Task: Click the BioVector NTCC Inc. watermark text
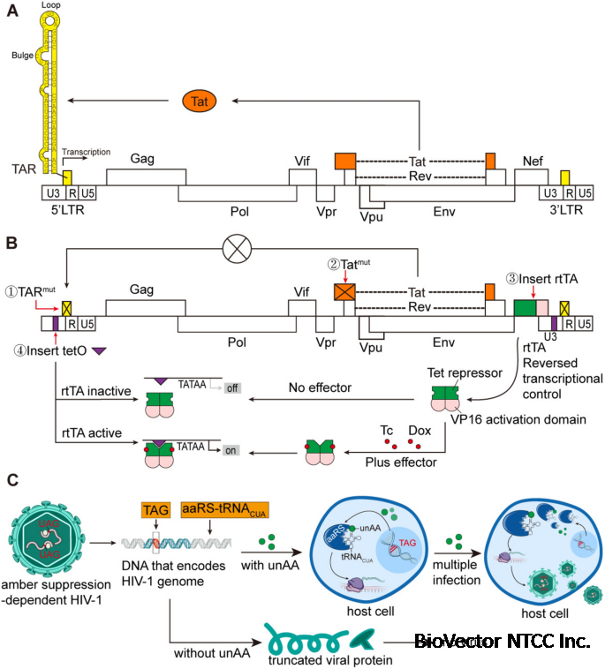pyautogui.click(x=502, y=642)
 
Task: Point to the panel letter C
pyautogui.click(x=11, y=481)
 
